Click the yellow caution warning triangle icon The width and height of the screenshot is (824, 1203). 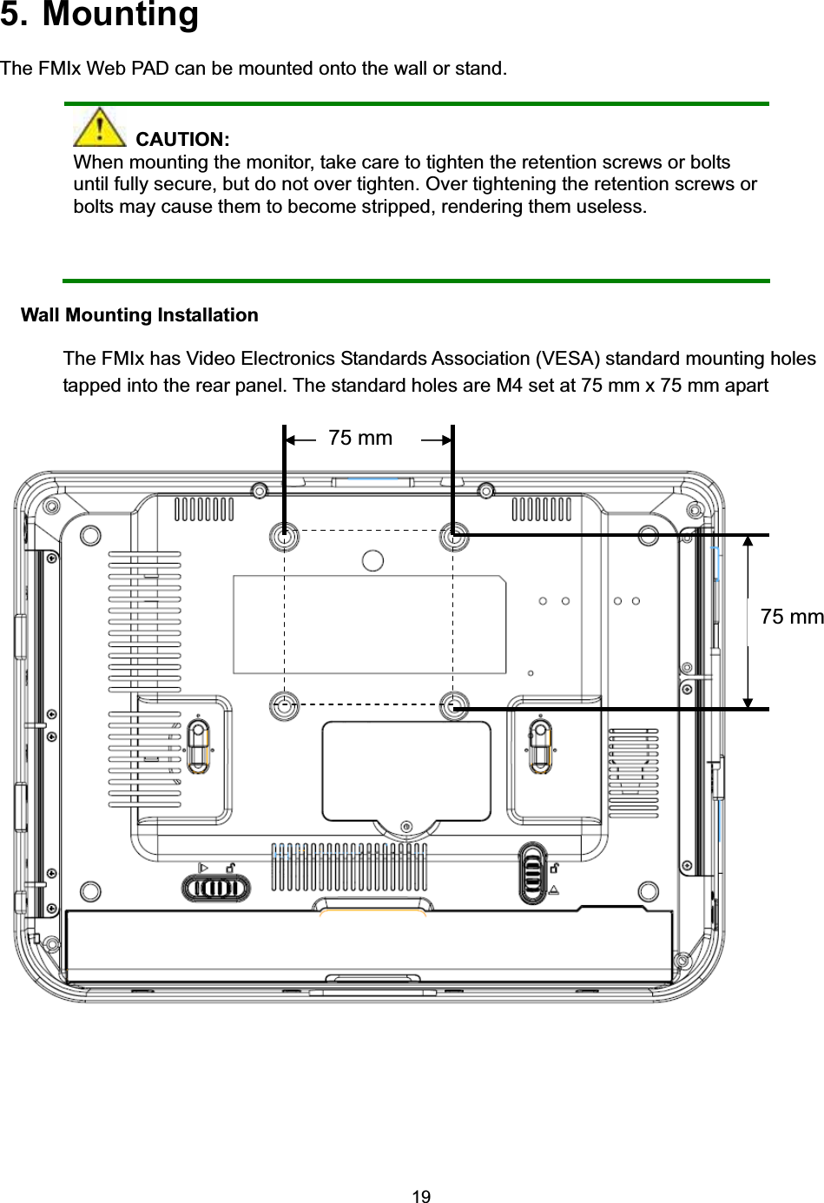click(99, 127)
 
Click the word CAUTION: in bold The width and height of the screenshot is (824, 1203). click(182, 140)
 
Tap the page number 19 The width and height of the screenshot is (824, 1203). click(421, 1196)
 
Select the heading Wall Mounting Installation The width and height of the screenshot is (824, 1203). click(139, 315)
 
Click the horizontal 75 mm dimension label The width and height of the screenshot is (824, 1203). click(359, 438)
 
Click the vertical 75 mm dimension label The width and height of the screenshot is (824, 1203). click(790, 617)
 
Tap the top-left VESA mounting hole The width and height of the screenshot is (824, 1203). click(284, 538)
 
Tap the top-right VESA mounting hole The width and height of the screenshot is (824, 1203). click(453, 538)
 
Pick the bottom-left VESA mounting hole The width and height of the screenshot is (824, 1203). click(284, 705)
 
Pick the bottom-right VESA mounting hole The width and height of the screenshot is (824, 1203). click(453, 705)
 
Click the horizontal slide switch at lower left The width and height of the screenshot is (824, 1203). click(215, 888)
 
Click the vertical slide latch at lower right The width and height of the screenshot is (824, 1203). click(533, 872)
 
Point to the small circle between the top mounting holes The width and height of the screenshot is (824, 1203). click(372, 560)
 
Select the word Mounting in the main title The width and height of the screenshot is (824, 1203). click(120, 15)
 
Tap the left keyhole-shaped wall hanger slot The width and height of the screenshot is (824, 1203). click(198, 745)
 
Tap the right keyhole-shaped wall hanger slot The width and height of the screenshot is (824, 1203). click(540, 745)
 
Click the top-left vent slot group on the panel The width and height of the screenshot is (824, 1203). click(204, 509)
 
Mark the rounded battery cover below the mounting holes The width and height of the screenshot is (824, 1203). click(406, 771)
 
